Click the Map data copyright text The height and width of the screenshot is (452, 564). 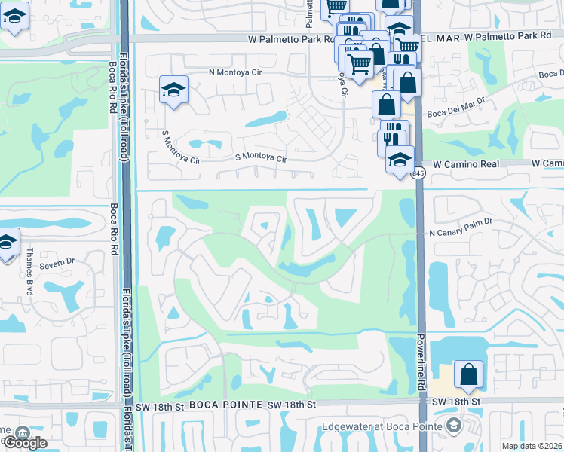click(x=532, y=446)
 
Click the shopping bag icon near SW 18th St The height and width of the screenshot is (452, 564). click(x=468, y=373)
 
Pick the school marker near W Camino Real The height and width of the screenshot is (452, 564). click(x=400, y=158)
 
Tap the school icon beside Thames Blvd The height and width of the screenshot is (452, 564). click(x=8, y=242)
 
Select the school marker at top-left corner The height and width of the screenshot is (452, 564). click(x=14, y=15)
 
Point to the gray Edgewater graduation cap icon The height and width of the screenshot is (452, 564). click(x=453, y=426)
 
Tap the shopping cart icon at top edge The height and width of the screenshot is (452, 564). click(x=335, y=7)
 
